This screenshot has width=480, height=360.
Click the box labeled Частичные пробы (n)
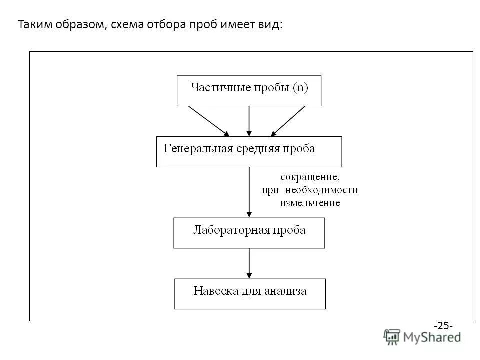pos(249,90)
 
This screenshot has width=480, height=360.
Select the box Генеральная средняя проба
pos(249,151)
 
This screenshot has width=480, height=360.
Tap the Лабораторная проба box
pos(249,233)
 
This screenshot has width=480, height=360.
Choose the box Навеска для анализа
pos(250,294)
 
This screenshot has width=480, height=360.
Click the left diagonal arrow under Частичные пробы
pos(208,120)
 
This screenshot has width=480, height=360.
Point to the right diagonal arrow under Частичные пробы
pos(288,120)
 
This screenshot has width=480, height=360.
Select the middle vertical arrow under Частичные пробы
pos(249,120)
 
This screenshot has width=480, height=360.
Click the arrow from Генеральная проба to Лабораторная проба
pos(249,192)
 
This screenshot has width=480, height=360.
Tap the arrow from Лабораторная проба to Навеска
pos(249,263)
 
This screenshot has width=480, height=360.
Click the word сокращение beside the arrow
pos(310,177)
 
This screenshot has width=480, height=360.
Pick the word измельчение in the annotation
pos(310,203)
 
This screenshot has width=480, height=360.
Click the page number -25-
pos(443,326)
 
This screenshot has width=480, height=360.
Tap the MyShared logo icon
pos(392,336)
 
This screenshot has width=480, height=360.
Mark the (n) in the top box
pos(300,88)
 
